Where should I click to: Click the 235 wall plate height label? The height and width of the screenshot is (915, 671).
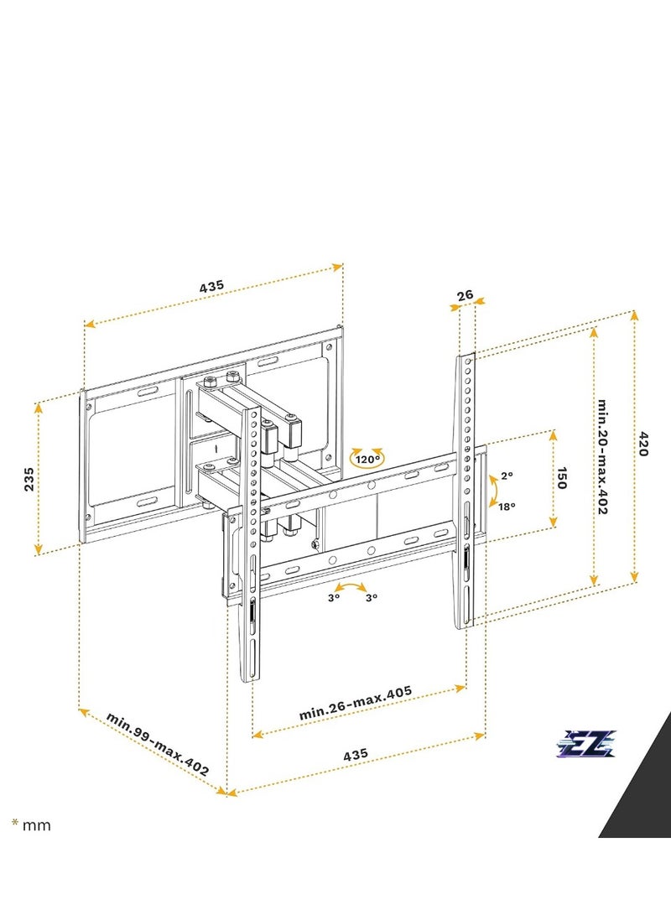click(29, 479)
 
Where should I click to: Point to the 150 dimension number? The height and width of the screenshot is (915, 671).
click(563, 478)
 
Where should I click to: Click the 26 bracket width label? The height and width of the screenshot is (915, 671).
click(466, 295)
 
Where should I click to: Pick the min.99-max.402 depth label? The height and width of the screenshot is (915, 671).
click(157, 743)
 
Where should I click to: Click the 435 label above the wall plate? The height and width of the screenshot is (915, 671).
click(211, 286)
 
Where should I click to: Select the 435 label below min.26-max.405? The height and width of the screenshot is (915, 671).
click(356, 754)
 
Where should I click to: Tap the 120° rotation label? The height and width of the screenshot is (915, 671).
click(367, 459)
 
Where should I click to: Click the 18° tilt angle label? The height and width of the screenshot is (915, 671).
click(507, 506)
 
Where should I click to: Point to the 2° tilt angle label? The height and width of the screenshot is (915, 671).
click(507, 475)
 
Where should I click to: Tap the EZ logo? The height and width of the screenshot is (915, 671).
click(586, 744)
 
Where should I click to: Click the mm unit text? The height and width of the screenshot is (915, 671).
click(37, 825)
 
